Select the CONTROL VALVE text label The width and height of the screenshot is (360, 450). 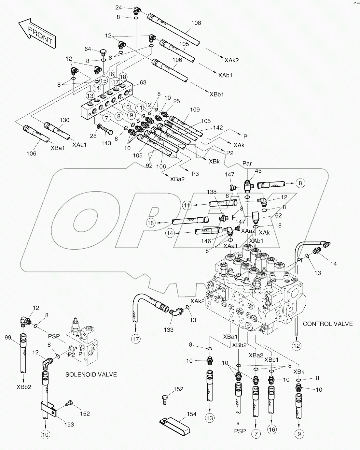(x=327, y=324)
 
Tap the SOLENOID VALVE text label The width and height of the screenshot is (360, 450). (x=91, y=375)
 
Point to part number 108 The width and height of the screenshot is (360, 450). (x=196, y=23)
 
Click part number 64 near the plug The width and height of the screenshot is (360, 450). (x=88, y=49)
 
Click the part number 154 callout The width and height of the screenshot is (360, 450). (x=191, y=414)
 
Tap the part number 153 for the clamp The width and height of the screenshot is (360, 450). (x=69, y=424)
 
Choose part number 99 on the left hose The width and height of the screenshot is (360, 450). (x=8, y=338)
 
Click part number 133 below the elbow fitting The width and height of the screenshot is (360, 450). (x=169, y=329)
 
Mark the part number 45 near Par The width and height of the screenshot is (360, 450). (x=258, y=171)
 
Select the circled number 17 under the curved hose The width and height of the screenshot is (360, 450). (x=136, y=339)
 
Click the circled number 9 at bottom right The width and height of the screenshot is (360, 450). (x=299, y=434)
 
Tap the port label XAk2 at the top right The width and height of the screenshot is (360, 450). (x=231, y=60)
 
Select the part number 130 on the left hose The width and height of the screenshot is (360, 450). (x=64, y=120)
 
